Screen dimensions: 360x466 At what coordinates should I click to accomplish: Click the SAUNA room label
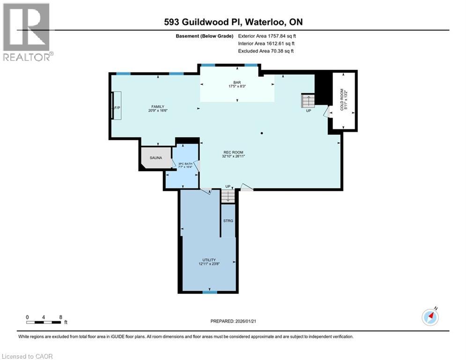click(156, 158)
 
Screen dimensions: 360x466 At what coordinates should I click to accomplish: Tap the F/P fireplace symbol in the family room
click(117, 107)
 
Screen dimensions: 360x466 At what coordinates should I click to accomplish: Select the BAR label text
click(237, 82)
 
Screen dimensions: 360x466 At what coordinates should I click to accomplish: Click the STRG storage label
click(228, 220)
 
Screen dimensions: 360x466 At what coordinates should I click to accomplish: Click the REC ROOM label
click(232, 152)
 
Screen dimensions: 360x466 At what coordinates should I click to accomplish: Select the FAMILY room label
click(157, 106)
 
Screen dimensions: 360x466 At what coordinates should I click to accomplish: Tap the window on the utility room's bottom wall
click(209, 292)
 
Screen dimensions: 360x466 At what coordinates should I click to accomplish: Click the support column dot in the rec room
click(262, 134)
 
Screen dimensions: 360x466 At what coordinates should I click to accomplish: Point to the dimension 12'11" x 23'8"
click(209, 264)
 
